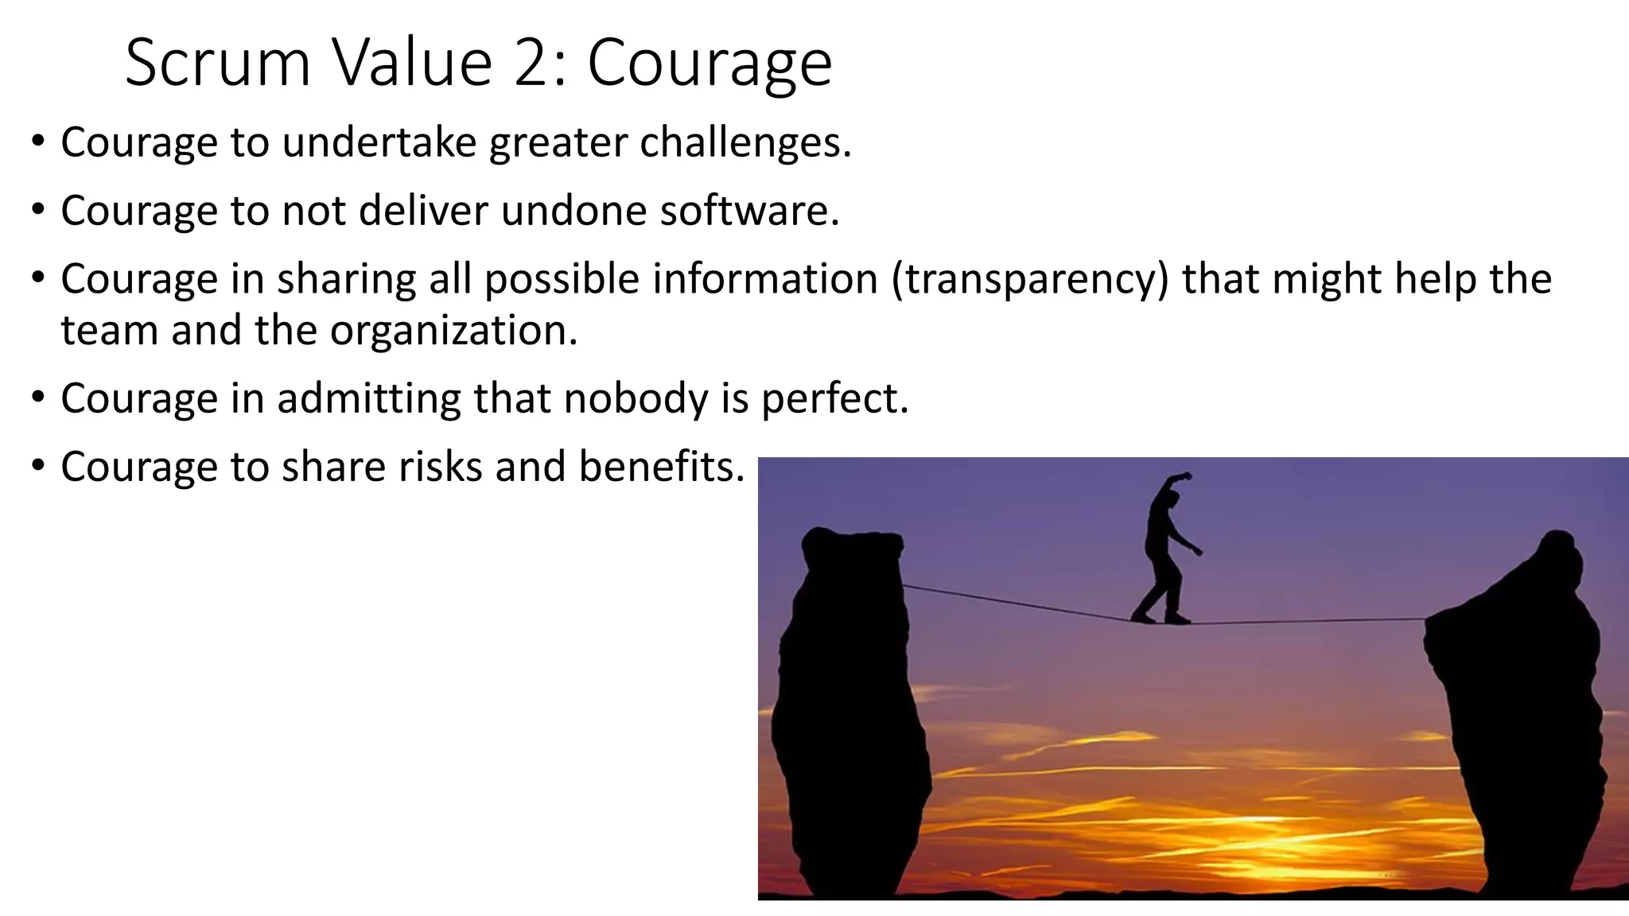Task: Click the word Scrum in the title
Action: pos(217,64)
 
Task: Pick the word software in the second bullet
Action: pos(749,211)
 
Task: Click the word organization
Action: pos(453,331)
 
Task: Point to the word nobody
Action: pos(636,398)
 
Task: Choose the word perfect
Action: pos(834,399)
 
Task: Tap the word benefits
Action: pos(661,466)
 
